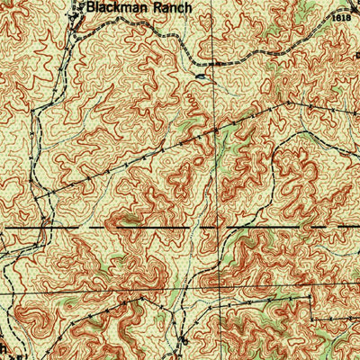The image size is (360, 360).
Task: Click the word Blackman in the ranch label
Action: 113,6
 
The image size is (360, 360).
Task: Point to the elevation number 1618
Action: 339,17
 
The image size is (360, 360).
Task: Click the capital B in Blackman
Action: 90,6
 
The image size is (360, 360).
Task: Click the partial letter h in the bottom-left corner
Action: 4,349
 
